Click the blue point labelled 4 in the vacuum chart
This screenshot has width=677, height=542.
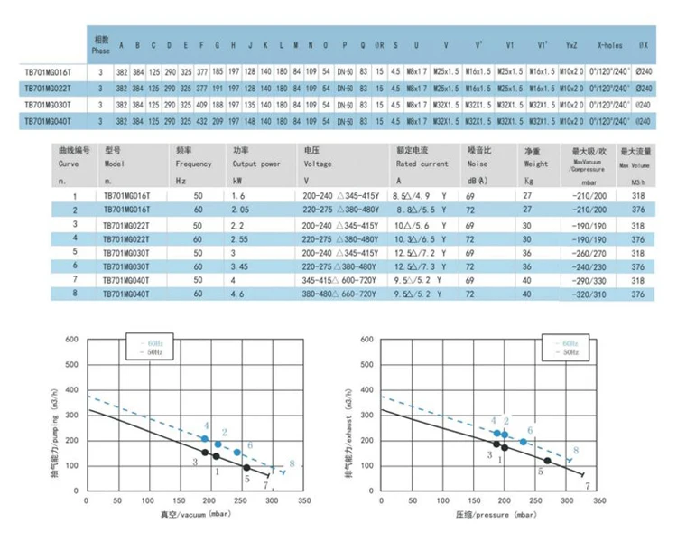[x=205, y=438]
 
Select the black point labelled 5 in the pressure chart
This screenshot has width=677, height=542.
[x=547, y=461]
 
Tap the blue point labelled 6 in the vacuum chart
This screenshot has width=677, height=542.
[x=237, y=452]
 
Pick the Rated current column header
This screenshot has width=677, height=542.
[x=422, y=164]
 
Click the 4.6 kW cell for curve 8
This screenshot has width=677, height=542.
[x=237, y=294]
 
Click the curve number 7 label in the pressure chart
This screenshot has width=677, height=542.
[x=588, y=485]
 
